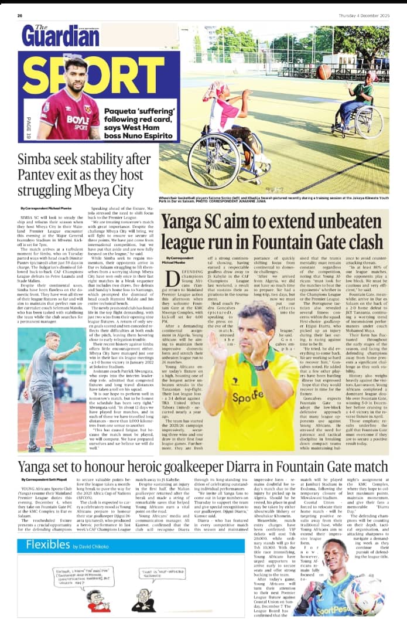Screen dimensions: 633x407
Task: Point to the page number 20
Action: coord(20,15)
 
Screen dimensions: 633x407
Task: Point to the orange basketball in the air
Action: coord(325,72)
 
